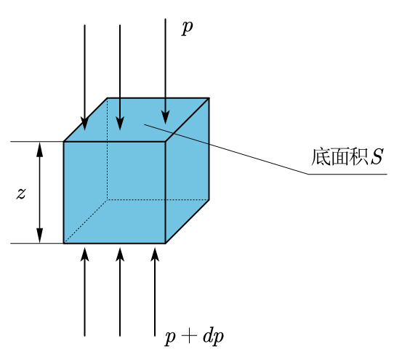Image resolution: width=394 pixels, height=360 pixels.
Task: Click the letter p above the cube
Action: click(188, 28)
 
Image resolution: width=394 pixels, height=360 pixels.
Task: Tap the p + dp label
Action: click(194, 337)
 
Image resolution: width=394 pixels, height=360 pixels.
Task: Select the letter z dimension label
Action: click(21, 193)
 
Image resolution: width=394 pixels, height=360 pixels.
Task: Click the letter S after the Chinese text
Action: click(377, 157)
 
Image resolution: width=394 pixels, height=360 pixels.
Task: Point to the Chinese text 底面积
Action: click(339, 157)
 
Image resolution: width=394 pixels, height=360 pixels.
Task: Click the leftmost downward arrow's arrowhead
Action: click(84, 124)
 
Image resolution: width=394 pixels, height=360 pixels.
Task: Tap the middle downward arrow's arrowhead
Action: click(120, 124)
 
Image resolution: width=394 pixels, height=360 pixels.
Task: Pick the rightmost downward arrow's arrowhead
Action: click(165, 118)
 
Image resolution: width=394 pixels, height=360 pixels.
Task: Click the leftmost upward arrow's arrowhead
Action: click(84, 255)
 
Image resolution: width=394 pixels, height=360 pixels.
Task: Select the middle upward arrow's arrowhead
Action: click(120, 255)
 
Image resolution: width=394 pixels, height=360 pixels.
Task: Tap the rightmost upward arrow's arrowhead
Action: click(155, 255)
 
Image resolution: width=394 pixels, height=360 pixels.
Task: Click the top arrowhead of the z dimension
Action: click(40, 149)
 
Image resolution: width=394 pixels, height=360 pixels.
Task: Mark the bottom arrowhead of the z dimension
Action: click(40, 236)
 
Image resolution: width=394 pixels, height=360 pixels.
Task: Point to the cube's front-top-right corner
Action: click(165, 142)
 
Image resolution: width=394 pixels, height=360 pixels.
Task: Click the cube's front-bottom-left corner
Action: click(64, 244)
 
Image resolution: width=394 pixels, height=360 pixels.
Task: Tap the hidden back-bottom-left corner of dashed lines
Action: click(108, 200)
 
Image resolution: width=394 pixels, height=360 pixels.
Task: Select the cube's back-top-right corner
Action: click(209, 97)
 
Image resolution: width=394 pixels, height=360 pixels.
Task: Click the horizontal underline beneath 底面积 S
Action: click(347, 174)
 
